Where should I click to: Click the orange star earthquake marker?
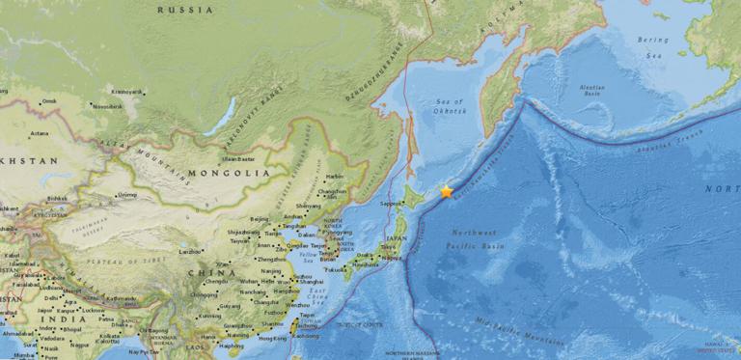pyautogui.click(x=446, y=192)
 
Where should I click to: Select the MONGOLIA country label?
pyautogui.click(x=233, y=173)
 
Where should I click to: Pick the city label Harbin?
pyautogui.click(x=334, y=177)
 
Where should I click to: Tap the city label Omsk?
pyautogui.click(x=49, y=100)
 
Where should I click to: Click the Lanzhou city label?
pyautogui.click(x=191, y=251)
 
